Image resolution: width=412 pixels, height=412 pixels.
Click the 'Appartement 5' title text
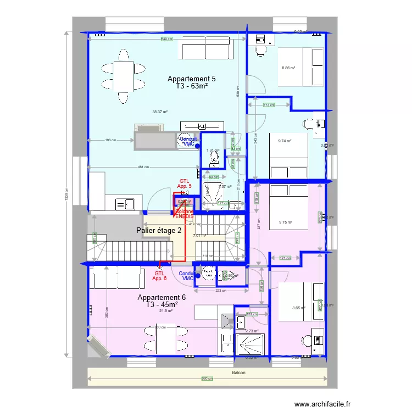(191, 79)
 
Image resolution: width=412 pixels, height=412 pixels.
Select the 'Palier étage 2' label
(159, 230)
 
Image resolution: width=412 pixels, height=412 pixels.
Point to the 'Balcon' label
(238, 373)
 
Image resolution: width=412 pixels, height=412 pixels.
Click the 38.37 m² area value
(160, 112)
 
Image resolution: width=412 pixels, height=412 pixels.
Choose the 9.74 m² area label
(285, 141)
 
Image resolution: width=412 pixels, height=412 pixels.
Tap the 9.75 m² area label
(285, 222)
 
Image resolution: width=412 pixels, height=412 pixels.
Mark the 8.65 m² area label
(299, 308)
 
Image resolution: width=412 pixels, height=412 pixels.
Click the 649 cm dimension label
(166, 39)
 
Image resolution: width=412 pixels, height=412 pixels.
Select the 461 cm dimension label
(143, 167)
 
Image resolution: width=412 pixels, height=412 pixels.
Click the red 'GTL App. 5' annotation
(185, 183)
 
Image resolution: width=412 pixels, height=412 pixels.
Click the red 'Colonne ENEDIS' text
(185, 214)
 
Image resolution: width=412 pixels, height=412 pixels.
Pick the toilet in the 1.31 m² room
(213, 159)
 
